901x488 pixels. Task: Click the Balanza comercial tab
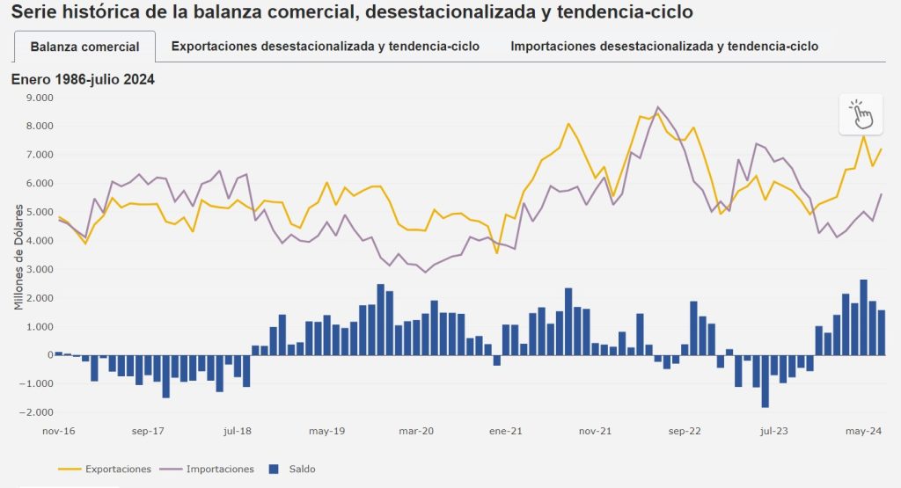(84, 47)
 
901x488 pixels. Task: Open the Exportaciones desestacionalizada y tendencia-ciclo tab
(326, 47)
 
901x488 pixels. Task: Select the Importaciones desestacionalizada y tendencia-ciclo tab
(664, 47)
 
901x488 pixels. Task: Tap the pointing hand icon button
(861, 114)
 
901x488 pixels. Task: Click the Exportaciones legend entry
(117, 469)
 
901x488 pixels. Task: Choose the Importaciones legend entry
(220, 469)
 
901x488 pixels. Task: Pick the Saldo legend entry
(302, 469)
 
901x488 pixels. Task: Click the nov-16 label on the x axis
(59, 432)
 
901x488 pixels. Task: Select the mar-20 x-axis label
(416, 432)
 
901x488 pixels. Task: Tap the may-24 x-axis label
(863, 432)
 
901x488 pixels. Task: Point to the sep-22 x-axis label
(684, 432)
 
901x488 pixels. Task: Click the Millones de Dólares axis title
(18, 261)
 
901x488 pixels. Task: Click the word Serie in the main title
(33, 12)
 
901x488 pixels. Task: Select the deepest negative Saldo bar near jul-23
(765, 381)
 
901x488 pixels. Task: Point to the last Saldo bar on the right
(882, 332)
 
